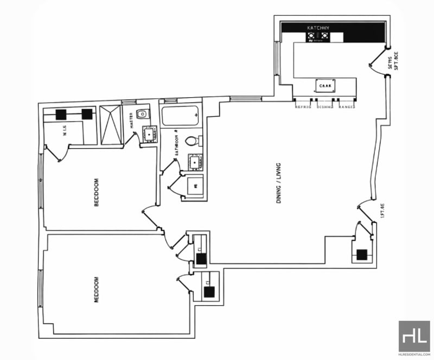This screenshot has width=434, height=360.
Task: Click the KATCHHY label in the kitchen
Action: pos(319,27)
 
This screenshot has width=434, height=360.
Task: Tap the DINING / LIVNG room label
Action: pos(279,185)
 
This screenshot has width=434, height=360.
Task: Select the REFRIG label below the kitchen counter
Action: pos(302,107)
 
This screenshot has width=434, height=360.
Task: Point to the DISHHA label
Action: pos(324,107)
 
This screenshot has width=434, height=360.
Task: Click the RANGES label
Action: pos(347,107)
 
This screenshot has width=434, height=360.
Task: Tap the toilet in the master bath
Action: pos(142,114)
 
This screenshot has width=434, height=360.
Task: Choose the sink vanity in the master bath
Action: pos(149,134)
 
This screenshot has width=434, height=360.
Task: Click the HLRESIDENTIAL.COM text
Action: pos(414,355)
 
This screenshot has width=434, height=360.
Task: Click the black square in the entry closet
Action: pos(361,254)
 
